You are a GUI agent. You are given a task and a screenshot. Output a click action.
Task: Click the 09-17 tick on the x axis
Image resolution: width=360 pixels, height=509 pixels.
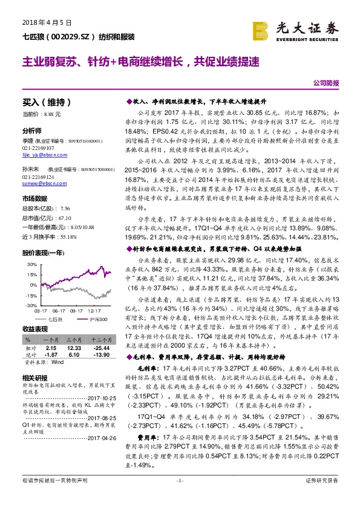coord(76,309)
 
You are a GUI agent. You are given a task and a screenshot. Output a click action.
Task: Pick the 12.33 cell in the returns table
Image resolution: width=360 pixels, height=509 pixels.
coord(74,349)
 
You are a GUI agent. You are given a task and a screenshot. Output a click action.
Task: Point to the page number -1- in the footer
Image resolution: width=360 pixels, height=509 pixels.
coord(179,497)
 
